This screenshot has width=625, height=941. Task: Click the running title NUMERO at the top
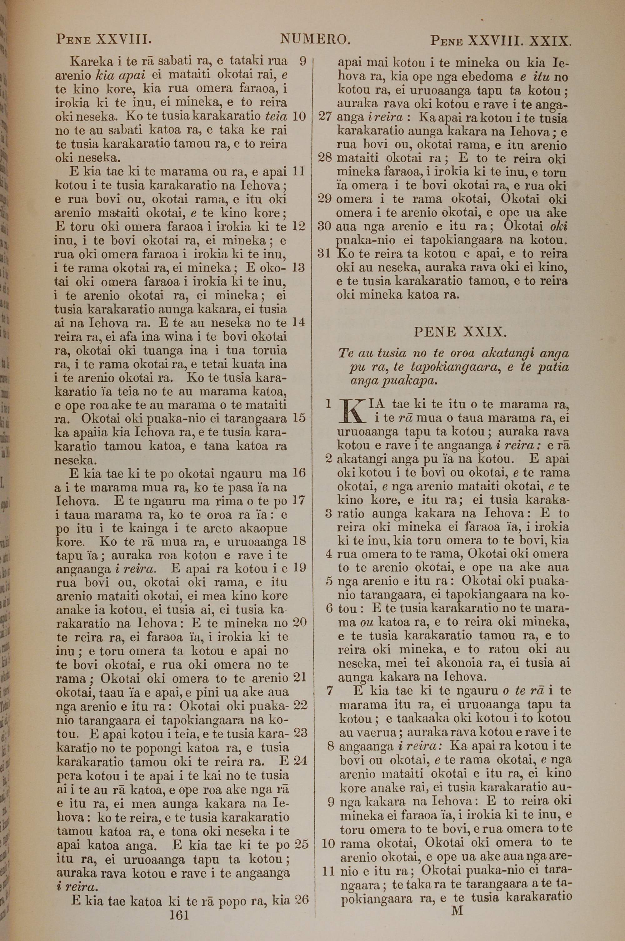click(315, 39)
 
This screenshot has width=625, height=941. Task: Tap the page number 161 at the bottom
click(179, 915)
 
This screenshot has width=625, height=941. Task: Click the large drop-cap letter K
click(352, 410)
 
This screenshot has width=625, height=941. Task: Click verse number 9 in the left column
click(302, 61)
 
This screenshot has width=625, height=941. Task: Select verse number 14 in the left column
click(299, 322)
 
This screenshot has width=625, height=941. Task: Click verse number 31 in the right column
click(325, 254)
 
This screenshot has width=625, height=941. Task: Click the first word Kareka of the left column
click(90, 61)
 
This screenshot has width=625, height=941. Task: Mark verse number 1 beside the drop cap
click(328, 404)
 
